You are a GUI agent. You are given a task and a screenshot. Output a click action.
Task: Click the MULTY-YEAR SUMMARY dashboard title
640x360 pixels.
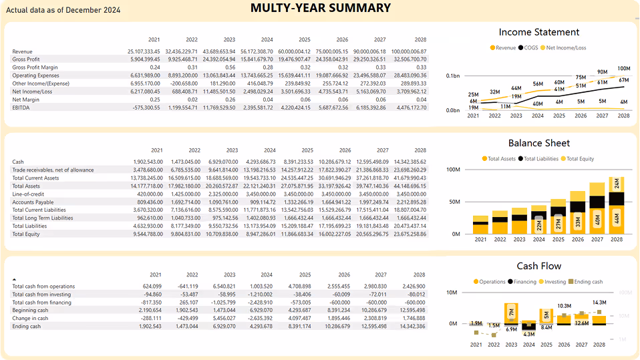click(320, 8)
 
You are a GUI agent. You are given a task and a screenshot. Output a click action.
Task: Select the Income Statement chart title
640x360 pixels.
click(539, 32)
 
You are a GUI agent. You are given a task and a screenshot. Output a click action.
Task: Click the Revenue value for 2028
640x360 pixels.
click(409, 51)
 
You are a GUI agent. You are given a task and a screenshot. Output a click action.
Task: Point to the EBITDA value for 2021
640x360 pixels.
click(145, 107)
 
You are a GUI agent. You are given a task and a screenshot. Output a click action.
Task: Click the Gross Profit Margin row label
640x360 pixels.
click(35, 67)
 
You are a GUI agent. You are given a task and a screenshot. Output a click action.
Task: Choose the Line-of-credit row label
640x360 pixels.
click(29, 194)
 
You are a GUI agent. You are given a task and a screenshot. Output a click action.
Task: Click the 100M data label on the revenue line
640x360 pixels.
click(623, 68)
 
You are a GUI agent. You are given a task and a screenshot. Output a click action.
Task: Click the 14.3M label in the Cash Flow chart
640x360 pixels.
click(599, 303)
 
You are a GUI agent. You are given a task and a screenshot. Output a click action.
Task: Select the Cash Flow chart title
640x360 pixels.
click(539, 266)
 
